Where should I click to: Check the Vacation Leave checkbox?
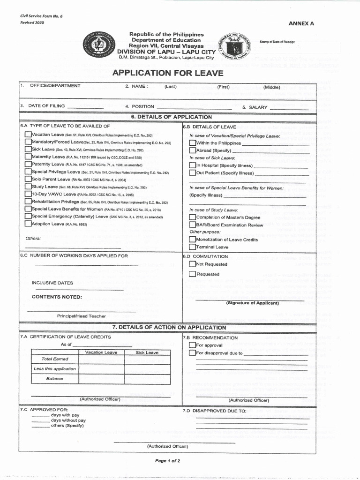pyautogui.click(x=28, y=135)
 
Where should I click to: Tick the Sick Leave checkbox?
pyautogui.click(x=28, y=149)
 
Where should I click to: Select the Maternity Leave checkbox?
pyautogui.click(x=28, y=157)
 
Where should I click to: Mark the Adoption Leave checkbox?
pyautogui.click(x=28, y=224)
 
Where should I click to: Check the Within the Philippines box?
pyautogui.click(x=192, y=143)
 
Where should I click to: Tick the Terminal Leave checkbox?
pyautogui.click(x=192, y=247)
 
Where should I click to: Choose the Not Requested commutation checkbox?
pyautogui.click(x=192, y=264)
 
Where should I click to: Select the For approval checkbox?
pyautogui.click(x=192, y=345)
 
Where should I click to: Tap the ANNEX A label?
pyautogui.click(x=301, y=23)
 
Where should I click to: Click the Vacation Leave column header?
pyautogui.click(x=101, y=352)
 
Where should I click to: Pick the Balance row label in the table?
pyautogui.click(x=55, y=378)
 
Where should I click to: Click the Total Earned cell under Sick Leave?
pyautogui.click(x=147, y=359)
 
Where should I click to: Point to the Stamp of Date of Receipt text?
pyautogui.click(x=277, y=42)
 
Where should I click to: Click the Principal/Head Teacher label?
pyautogui.click(x=82, y=316)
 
